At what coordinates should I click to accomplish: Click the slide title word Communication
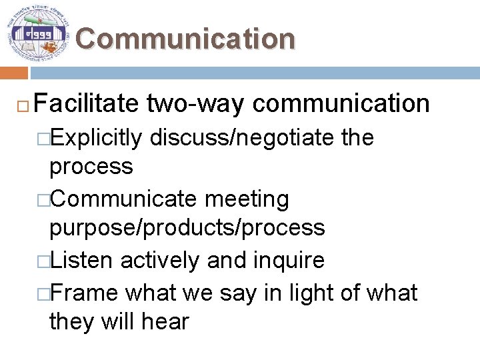tap(185, 39)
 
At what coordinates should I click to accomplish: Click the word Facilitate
tap(86, 103)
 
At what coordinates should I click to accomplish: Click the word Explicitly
tap(96, 138)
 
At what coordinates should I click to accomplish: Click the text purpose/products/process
tap(187, 228)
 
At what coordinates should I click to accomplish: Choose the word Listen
tap(81, 260)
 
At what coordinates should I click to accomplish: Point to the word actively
tap(160, 260)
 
